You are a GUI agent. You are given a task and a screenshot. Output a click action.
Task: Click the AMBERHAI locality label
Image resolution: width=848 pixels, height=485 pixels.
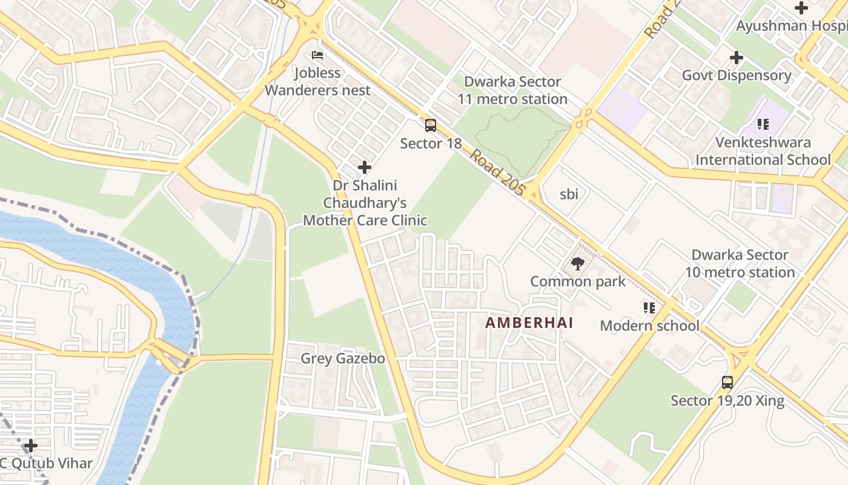(x=529, y=323)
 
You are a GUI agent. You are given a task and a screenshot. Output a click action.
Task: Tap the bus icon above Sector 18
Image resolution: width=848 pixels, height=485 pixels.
(x=430, y=125)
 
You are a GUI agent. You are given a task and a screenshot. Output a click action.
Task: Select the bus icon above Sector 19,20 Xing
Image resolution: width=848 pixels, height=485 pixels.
(x=727, y=383)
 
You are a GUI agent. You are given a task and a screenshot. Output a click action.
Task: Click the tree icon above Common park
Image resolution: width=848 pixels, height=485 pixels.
(x=577, y=264)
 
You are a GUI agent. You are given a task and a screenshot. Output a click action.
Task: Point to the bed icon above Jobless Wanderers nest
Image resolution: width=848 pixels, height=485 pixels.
(x=317, y=55)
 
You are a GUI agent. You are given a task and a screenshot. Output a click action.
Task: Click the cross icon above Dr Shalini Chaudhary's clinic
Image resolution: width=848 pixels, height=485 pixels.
(x=365, y=167)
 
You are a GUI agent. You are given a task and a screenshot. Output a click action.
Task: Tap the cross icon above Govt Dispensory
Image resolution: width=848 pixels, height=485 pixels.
(x=737, y=58)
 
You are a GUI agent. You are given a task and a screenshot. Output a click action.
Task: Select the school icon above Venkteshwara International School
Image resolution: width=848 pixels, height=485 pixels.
(x=763, y=124)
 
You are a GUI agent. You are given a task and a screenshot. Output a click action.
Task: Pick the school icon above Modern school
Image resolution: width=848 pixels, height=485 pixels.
(x=649, y=308)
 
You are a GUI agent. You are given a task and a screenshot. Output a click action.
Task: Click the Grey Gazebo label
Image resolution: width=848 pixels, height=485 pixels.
(x=343, y=358)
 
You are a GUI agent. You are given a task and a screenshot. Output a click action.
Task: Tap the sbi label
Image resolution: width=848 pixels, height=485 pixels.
(x=569, y=194)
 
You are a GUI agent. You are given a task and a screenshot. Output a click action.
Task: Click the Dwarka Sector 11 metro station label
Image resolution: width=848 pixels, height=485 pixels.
(x=512, y=90)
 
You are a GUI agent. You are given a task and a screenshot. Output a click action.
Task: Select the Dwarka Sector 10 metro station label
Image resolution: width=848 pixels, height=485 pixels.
(x=740, y=264)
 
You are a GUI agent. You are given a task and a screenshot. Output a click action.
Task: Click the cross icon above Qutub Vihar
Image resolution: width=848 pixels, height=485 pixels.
(x=31, y=446)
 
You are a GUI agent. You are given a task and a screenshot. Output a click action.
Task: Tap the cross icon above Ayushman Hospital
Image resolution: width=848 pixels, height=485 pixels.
(x=801, y=8)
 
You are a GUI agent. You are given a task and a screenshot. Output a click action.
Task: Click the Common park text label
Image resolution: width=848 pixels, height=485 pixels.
(x=577, y=281)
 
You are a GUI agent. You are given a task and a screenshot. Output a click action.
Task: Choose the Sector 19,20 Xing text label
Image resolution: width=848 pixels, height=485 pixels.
(x=727, y=401)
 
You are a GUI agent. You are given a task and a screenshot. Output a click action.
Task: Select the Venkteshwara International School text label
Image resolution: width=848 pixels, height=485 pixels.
(x=763, y=151)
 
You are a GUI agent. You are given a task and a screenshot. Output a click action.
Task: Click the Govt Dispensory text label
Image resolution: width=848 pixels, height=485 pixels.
(x=737, y=75)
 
